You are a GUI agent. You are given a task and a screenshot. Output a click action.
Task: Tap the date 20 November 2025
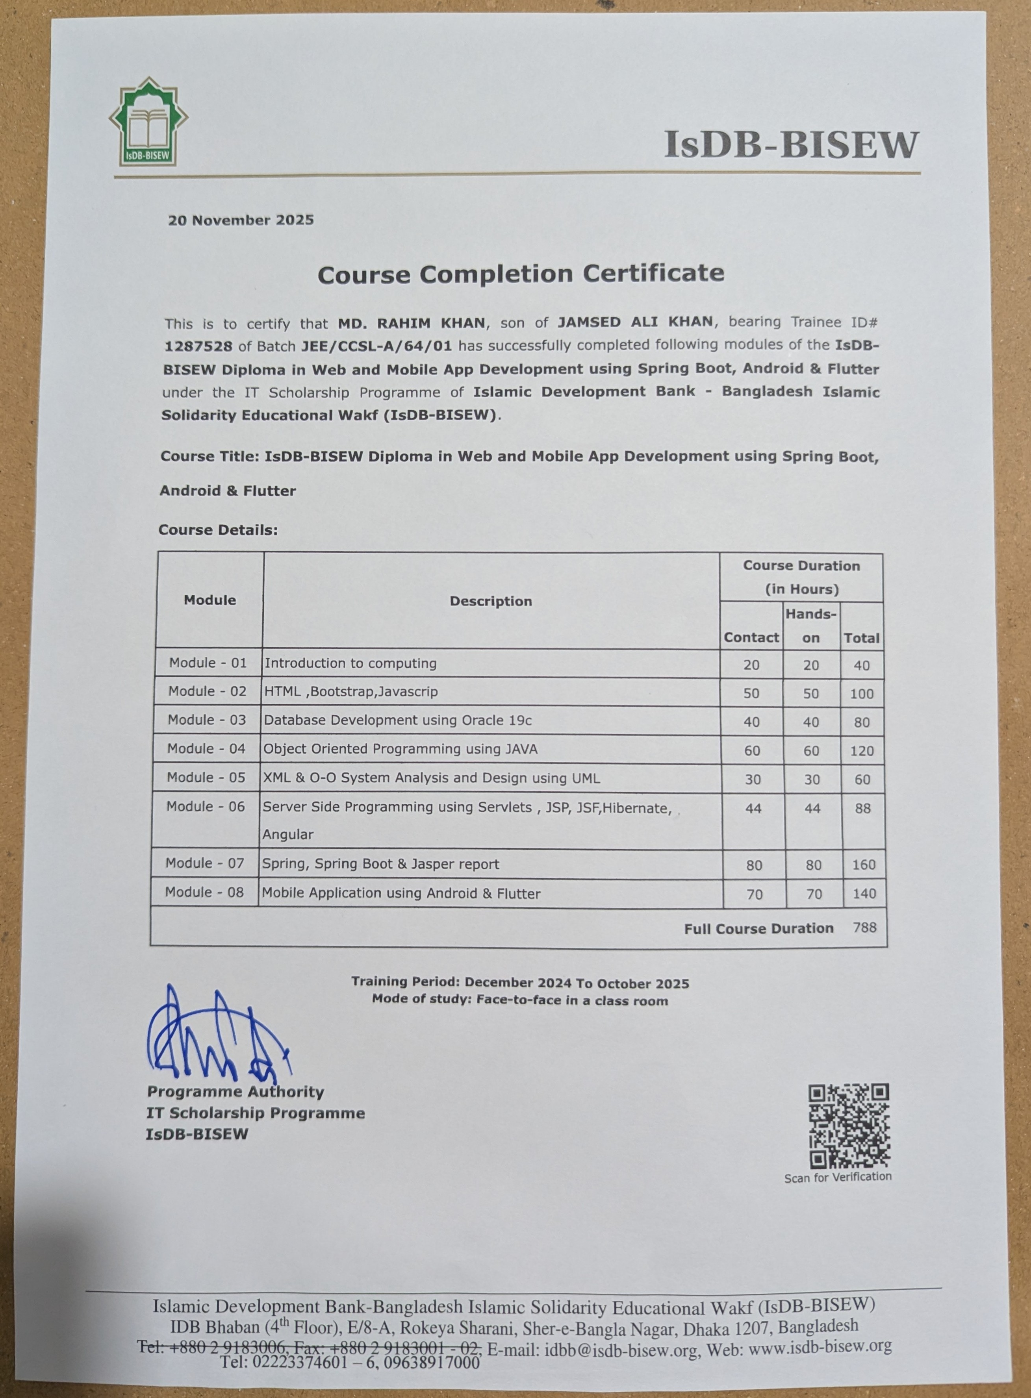(x=241, y=220)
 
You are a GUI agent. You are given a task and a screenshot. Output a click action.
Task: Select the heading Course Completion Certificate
(x=521, y=274)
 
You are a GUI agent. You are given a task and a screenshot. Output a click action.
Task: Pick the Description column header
(x=491, y=602)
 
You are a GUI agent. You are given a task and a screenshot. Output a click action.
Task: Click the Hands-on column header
(x=811, y=626)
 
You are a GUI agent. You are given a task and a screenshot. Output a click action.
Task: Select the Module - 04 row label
(x=207, y=748)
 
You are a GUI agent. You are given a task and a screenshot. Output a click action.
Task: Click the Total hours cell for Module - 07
(x=864, y=865)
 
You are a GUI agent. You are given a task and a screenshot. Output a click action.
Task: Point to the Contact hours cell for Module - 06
(x=753, y=809)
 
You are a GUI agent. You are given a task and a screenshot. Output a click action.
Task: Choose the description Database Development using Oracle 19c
(x=397, y=720)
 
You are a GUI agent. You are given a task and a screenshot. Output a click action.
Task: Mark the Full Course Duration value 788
(x=864, y=928)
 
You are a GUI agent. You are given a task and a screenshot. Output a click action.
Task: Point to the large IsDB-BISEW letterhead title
(x=791, y=145)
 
